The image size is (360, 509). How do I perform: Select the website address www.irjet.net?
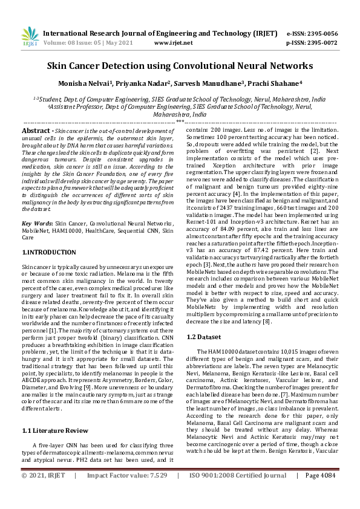pyautogui.click(x=174, y=43)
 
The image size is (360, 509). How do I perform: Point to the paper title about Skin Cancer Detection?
pyautogui.click(x=180, y=65)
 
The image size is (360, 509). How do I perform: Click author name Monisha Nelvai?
pyautogui.click(x=99, y=84)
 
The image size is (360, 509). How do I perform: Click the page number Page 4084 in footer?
pyautogui.click(x=321, y=493)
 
